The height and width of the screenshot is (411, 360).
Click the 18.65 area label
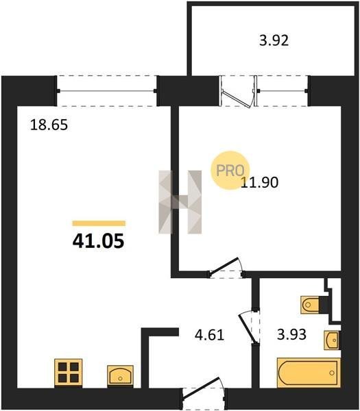point(49,125)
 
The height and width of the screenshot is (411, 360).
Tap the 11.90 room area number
point(259,182)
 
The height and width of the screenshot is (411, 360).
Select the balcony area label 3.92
point(274,41)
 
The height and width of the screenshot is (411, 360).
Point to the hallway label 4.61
point(209,335)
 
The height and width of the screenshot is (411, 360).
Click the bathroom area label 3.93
point(292,334)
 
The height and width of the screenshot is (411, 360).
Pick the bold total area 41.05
point(98,241)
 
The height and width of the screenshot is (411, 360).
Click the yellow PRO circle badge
point(230,170)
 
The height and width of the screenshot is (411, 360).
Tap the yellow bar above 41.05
point(99,223)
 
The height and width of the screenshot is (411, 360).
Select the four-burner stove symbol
point(68,373)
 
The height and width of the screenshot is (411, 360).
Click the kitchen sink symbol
point(120,376)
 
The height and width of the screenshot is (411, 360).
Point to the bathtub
point(309,373)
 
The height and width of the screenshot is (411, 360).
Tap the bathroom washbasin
point(332,340)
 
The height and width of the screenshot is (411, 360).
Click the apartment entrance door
point(203,391)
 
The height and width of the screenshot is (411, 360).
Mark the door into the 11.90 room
point(226,268)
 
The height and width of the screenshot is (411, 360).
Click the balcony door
point(237,92)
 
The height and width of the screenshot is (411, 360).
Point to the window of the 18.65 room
point(107,91)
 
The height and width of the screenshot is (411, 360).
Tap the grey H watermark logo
point(180,202)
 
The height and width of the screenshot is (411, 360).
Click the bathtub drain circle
point(332,373)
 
